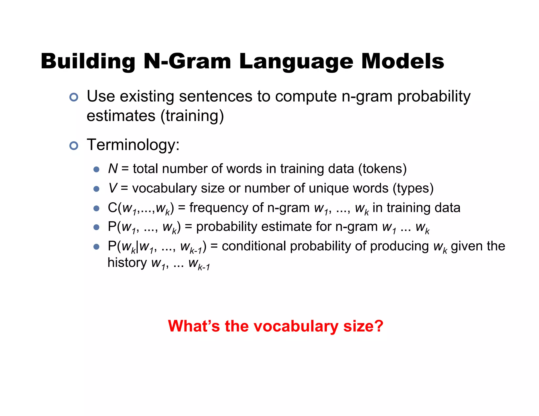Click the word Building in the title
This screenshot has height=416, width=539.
coord(88,62)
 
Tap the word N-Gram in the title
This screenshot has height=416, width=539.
coord(187,62)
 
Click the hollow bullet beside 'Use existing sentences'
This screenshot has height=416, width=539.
coord(74,97)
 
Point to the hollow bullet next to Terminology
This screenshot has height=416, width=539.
coord(74,146)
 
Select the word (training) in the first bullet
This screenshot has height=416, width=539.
coord(192,116)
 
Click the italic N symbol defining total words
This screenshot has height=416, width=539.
coord(113,169)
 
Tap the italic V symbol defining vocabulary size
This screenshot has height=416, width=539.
coord(113,188)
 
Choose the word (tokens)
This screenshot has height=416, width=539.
coord(382,169)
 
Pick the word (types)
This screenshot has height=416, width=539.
coord(413,188)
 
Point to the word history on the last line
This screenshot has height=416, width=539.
coord(127,263)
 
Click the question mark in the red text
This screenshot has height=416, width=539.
coord(379,326)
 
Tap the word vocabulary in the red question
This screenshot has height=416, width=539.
coord(296,326)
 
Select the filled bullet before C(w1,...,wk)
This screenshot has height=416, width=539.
coord(97,209)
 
